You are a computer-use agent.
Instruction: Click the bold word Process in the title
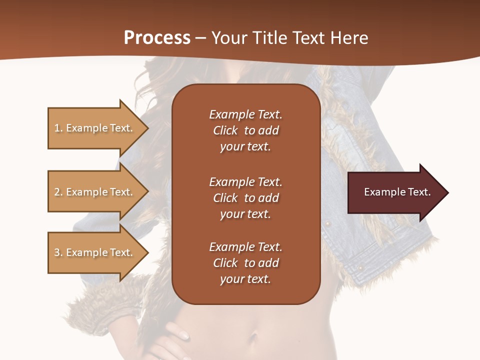pos(157,38)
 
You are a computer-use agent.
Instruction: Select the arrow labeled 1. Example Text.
pos(95,128)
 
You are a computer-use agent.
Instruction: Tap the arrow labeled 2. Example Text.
pos(95,192)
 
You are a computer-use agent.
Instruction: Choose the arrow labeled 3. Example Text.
pos(95,252)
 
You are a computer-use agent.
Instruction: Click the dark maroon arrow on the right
pos(395,192)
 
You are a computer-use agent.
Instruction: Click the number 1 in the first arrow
pos(57,128)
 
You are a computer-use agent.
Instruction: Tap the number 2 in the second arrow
pos(57,192)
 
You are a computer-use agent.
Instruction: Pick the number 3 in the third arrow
pos(57,252)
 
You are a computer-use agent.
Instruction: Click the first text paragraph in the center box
pos(245,130)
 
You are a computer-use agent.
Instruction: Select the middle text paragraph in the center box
pos(245,197)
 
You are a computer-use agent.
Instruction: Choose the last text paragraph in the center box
pos(245,263)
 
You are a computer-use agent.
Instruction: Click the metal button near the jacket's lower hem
pos(359,268)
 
